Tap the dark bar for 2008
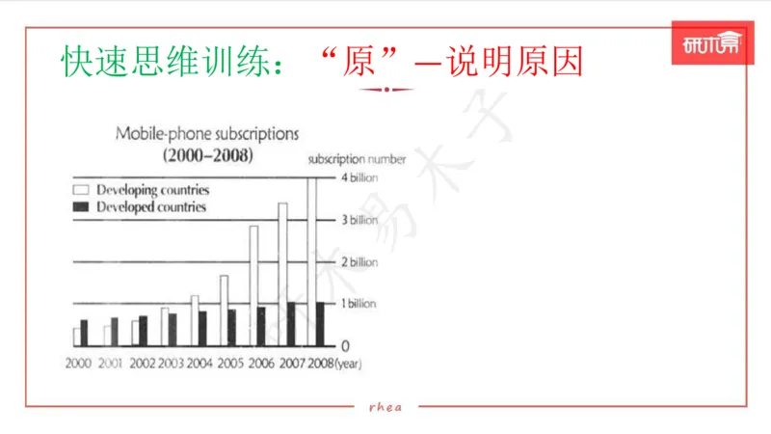(x=320, y=323)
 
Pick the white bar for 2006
(x=253, y=285)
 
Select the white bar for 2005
(x=224, y=310)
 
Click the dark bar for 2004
(x=202, y=327)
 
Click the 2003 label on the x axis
(x=171, y=363)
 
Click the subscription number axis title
(x=357, y=159)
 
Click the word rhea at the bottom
(x=385, y=406)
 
